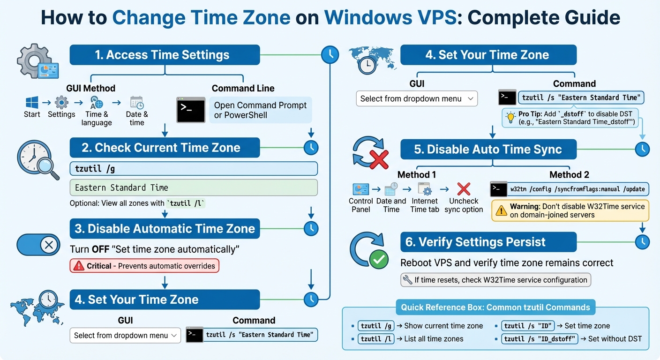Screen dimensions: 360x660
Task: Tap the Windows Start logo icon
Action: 32,102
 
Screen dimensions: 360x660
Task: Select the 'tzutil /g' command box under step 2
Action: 193,169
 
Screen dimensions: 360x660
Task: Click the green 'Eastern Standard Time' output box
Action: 193,187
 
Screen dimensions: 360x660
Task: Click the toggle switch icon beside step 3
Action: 38,245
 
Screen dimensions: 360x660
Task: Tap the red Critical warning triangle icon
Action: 78,266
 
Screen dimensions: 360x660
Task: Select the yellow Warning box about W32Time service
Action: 570,211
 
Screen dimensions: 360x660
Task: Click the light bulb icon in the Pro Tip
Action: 511,118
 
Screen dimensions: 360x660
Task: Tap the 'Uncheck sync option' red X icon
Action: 463,189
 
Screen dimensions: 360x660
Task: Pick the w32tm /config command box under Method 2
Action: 577,189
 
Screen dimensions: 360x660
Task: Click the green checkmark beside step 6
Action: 379,259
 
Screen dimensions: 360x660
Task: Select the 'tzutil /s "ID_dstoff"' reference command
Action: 540,339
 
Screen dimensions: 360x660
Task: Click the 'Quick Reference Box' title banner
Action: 495,307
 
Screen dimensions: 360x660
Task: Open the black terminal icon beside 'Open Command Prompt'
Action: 190,110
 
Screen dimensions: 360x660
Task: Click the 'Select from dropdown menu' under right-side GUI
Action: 417,99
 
